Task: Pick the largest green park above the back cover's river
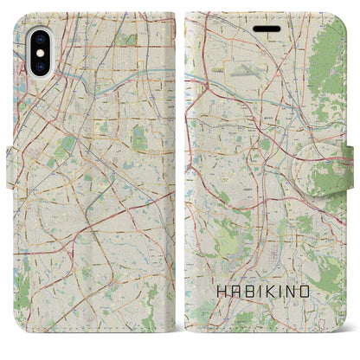tap(126, 39)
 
